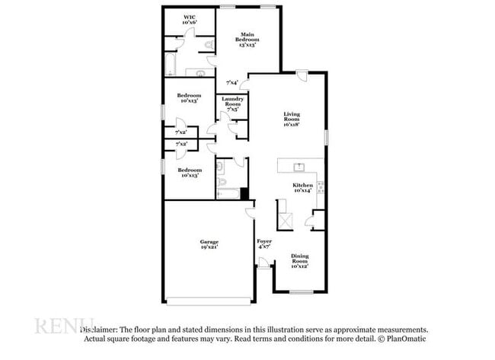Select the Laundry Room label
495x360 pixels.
[x=232, y=104]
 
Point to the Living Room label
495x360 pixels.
[x=292, y=117]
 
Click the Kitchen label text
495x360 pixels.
[x=303, y=186]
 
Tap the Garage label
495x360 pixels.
[x=209, y=241]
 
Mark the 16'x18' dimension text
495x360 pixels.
[x=292, y=124]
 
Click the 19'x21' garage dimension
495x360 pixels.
[x=209, y=248]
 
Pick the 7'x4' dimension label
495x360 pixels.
[x=232, y=82]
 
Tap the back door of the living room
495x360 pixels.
[x=302, y=76]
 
